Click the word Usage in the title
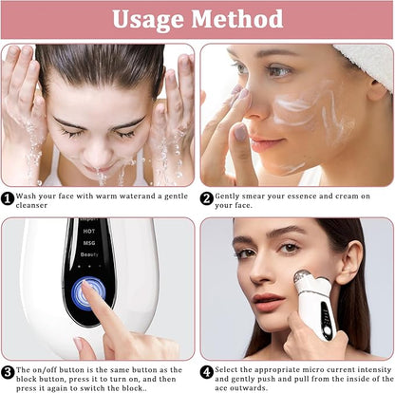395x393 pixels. tap(148, 20)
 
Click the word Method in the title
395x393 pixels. tap(237, 18)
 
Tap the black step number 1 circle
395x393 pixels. tap(8, 199)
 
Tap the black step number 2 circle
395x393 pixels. tap(207, 198)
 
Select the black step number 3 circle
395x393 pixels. tap(8, 372)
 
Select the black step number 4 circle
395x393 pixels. tap(207, 372)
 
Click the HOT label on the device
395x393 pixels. tap(89, 232)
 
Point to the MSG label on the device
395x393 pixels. tap(89, 243)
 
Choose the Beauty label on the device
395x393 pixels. tap(89, 254)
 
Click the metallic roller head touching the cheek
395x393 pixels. tap(303, 277)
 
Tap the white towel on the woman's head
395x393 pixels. tap(367, 65)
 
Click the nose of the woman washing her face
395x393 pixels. tap(100, 151)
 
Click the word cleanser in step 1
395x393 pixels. tap(31, 205)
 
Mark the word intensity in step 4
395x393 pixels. tap(374, 370)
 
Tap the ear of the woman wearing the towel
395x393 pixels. tap(377, 89)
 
